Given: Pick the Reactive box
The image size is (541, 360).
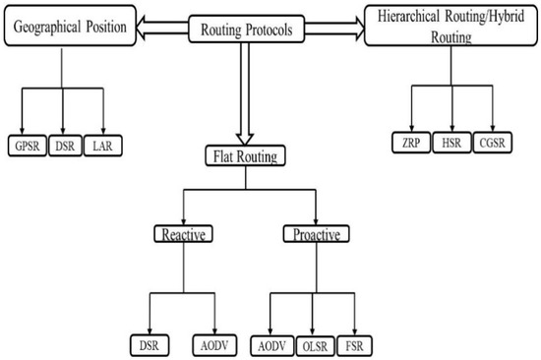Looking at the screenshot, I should [185, 234].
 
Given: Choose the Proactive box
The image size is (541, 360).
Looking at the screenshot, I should [316, 234].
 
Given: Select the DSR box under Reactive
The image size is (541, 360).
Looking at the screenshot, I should [150, 344].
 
